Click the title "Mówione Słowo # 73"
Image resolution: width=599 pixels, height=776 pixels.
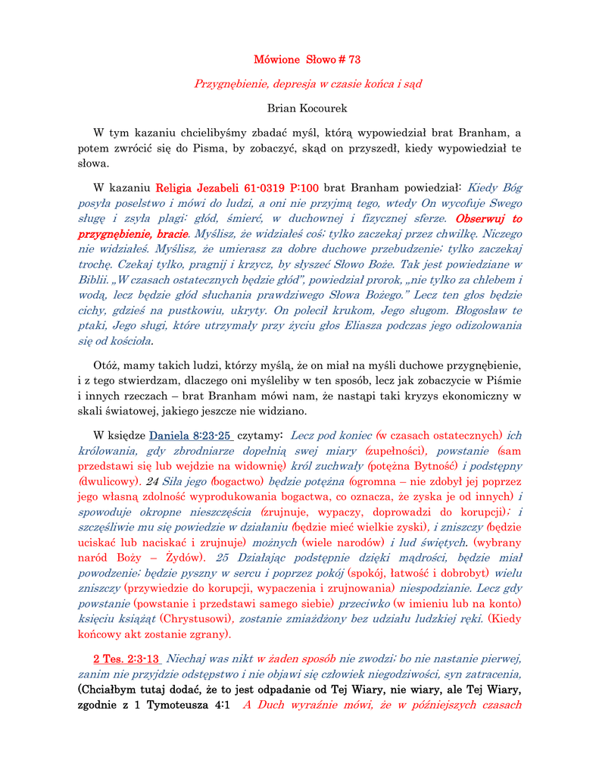pos(307,59)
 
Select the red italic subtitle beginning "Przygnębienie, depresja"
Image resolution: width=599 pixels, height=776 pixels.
pos(307,83)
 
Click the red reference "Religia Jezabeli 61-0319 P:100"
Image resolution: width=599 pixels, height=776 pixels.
pos(237,187)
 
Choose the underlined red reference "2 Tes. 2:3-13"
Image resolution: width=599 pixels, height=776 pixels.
pos(126,659)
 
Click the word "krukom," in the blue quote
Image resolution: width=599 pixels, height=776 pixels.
pos(335,311)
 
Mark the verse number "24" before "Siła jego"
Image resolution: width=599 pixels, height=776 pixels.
pos(152,480)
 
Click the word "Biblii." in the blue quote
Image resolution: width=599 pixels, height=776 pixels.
pos(97,280)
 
